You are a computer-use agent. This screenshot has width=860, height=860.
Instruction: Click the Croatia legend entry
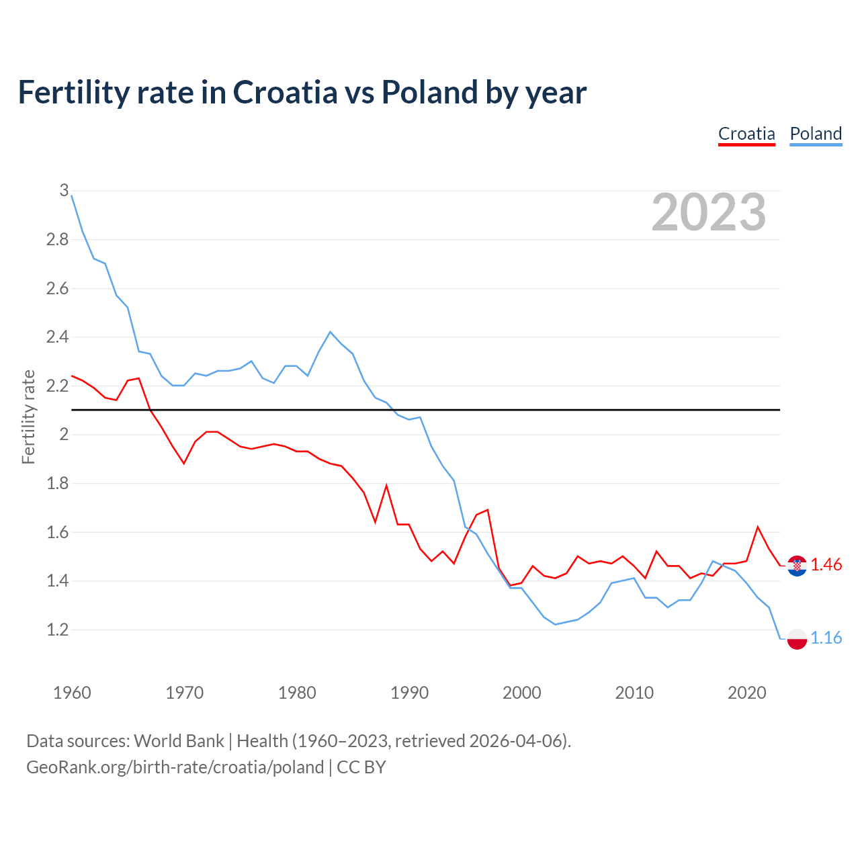[746, 134]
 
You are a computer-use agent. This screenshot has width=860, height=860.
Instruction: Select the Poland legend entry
[816, 134]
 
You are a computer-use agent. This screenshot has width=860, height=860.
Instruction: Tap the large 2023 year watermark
[709, 212]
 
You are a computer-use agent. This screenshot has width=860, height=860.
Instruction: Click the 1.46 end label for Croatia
[826, 564]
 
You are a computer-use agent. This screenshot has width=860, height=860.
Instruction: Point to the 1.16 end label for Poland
[826, 638]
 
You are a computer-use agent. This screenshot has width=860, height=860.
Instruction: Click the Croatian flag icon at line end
[797, 566]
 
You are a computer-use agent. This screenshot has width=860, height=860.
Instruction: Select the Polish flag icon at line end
[797, 638]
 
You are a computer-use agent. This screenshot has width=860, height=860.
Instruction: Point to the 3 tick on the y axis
[64, 191]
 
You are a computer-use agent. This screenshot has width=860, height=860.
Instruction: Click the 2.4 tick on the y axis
[58, 337]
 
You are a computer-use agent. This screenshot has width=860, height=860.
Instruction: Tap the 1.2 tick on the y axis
[58, 630]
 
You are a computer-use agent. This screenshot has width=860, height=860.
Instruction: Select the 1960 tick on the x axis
[72, 693]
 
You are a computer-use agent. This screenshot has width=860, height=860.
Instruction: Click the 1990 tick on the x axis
[409, 693]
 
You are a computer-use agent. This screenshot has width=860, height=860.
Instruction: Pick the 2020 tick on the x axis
[746, 693]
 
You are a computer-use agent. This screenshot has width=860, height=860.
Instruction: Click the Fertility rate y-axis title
[28, 417]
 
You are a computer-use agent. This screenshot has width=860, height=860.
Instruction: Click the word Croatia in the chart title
[285, 92]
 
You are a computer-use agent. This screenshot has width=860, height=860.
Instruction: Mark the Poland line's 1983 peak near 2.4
[330, 332]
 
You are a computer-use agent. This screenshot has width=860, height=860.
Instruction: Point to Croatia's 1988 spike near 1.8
[386, 486]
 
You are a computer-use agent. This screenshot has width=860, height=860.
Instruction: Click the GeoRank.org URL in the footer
[175, 767]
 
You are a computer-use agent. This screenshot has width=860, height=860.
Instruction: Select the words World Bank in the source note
[179, 741]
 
